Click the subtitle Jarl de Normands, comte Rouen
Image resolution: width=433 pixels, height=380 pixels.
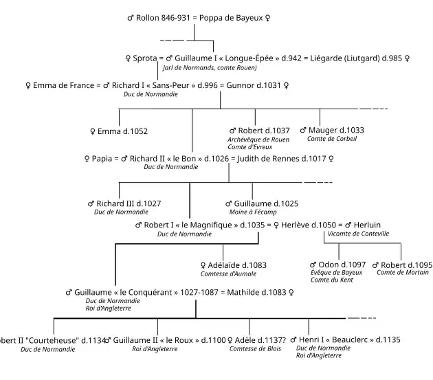click(210, 68)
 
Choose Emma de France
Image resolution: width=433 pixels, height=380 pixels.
click(59, 86)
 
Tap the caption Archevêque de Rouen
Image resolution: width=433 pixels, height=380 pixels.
click(258, 139)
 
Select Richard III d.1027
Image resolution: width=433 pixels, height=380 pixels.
click(124, 203)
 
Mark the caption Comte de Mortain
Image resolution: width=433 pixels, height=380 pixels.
click(402, 273)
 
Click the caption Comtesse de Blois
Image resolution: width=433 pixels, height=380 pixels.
click(256, 349)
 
